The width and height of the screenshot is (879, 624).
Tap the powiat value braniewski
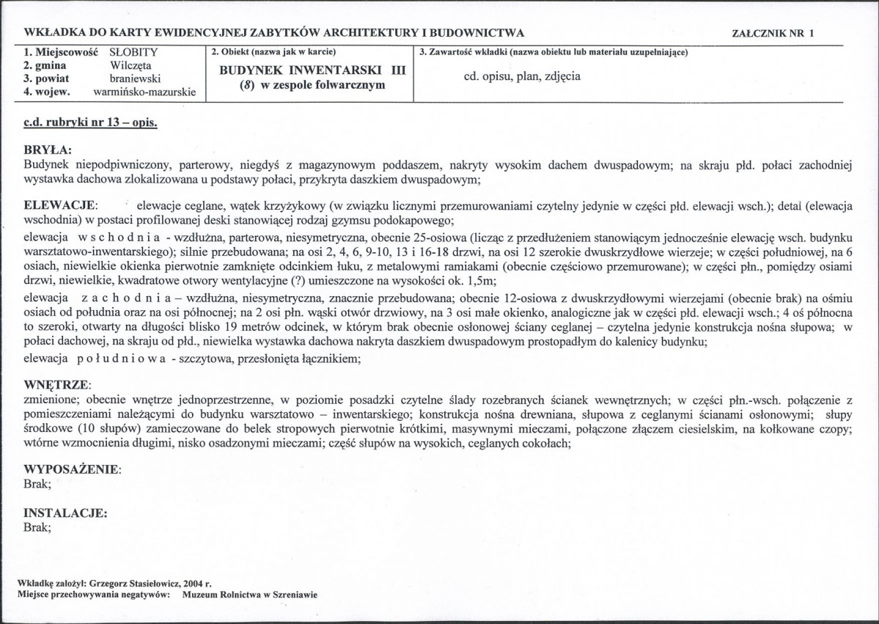[136, 78]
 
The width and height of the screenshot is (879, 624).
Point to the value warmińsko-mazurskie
[144, 92]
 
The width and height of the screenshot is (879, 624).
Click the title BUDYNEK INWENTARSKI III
[312, 70]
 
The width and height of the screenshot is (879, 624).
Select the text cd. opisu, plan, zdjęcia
[522, 76]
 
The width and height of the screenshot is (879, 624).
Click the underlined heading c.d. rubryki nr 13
[91, 122]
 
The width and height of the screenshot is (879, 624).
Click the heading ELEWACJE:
[60, 208]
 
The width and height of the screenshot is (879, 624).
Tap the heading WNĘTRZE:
[57, 385]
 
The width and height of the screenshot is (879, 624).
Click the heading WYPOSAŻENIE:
[73, 469]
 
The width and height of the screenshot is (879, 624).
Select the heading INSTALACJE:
[66, 513]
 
